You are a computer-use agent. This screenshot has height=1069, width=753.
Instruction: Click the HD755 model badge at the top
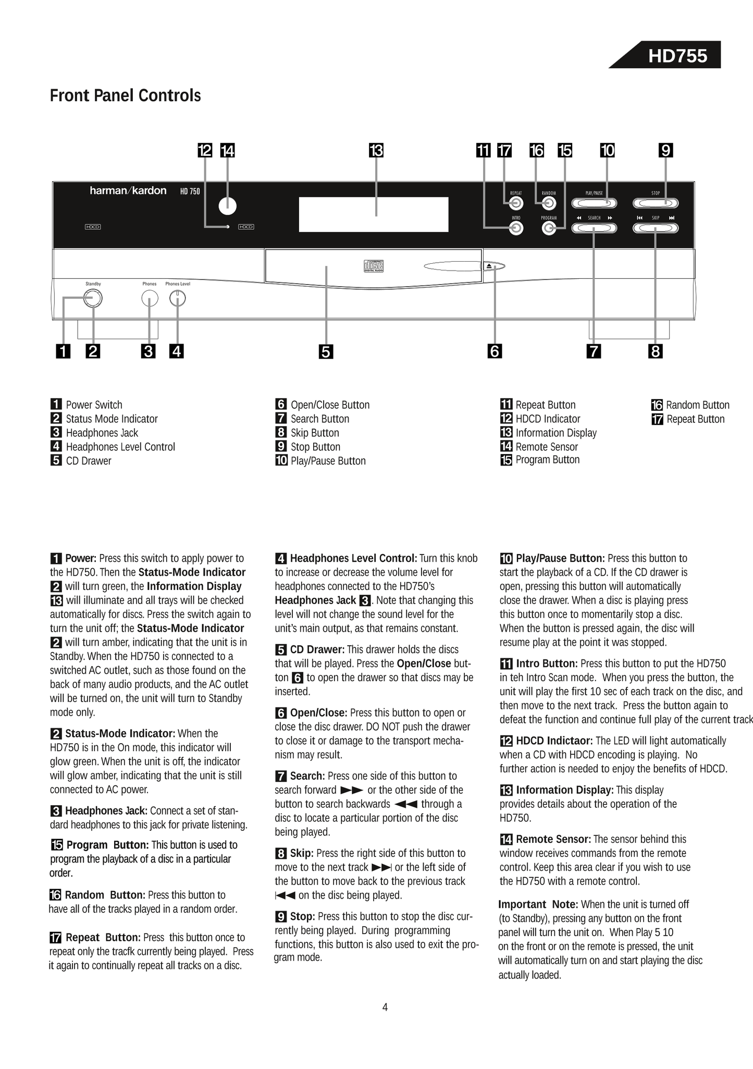(677, 56)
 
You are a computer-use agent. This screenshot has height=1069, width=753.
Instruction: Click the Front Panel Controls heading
(125, 96)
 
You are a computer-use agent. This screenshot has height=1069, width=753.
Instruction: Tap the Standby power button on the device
(93, 299)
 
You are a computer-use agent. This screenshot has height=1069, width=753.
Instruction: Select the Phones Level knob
(178, 299)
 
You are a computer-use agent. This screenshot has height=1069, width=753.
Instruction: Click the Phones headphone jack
(150, 299)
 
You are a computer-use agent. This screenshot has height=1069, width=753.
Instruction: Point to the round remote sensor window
(227, 206)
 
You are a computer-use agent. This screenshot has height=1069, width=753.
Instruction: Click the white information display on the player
(373, 214)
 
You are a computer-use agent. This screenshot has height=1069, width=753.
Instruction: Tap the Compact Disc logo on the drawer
(373, 266)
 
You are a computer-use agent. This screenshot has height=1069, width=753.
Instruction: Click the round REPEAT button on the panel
(516, 203)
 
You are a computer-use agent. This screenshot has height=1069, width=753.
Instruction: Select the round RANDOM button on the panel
(549, 203)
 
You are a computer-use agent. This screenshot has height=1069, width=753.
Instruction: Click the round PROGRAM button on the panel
(549, 228)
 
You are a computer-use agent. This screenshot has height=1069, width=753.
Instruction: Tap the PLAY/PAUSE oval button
(594, 203)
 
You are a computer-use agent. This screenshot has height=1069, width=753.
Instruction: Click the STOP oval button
(656, 203)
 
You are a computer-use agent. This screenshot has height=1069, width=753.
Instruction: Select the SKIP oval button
(656, 228)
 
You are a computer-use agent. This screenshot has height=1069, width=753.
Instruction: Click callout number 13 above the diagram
(376, 151)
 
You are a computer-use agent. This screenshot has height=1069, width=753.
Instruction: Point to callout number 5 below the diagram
(326, 352)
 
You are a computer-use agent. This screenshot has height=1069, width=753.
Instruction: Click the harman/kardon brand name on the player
(128, 191)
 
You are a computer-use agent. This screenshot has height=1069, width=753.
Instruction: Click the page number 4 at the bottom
(385, 1007)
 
